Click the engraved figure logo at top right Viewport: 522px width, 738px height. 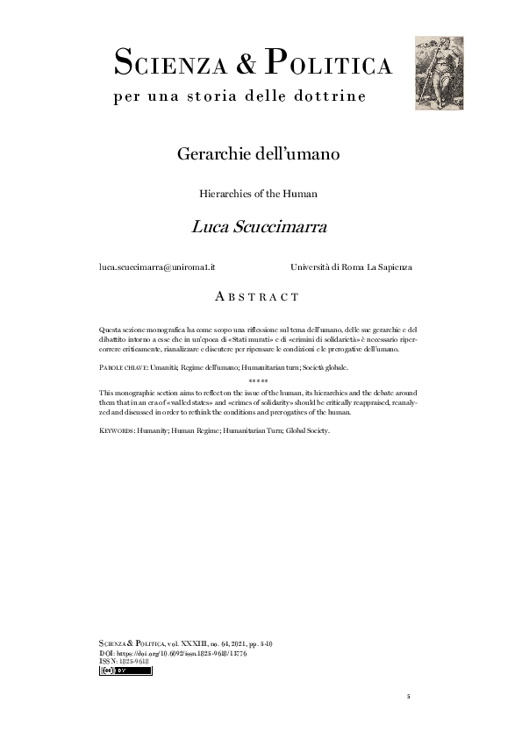pyautogui.click(x=439, y=73)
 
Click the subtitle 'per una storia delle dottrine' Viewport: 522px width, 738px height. pyautogui.click(x=240, y=96)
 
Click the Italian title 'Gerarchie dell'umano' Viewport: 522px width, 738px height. pyautogui.click(x=258, y=154)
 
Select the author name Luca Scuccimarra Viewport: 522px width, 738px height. pyautogui.click(x=259, y=227)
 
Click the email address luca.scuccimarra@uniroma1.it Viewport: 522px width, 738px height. pyautogui.click(x=157, y=266)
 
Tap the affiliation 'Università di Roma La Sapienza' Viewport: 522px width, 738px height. pyautogui.click(x=351, y=266)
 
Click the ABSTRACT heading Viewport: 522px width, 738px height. pyautogui.click(x=258, y=297)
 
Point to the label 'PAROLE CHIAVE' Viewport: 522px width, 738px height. pyautogui.click(x=123, y=368)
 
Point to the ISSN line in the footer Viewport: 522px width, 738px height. pyautogui.click(x=124, y=662)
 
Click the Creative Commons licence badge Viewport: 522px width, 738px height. pyautogui.click(x=126, y=671)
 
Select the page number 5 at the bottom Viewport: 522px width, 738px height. pyautogui.click(x=408, y=697)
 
